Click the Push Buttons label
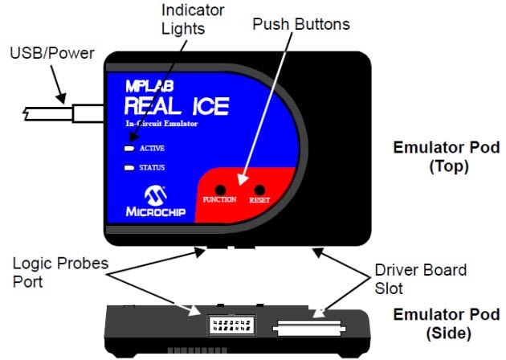301,24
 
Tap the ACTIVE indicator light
129,149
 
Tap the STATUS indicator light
129,168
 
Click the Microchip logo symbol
153,195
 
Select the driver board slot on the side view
309,328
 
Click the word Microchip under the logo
153,214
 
